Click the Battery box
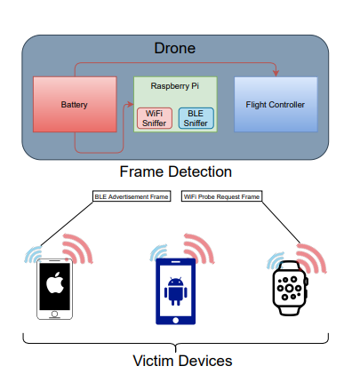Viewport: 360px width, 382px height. point(75,104)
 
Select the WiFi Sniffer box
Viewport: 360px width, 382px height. point(155,118)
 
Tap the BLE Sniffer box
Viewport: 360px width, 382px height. point(196,118)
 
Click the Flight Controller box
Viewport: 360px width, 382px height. point(276,104)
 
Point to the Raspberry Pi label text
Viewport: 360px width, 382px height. point(175,86)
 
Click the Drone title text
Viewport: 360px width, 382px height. point(175,48)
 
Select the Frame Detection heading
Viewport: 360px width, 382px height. point(176,171)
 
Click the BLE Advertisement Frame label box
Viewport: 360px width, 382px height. point(132,196)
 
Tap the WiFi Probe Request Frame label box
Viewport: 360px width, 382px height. point(221,196)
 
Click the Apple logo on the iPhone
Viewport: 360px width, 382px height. point(55,283)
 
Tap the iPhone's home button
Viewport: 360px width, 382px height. point(54,314)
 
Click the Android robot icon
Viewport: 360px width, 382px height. point(176,291)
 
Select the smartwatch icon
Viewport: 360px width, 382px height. point(290,288)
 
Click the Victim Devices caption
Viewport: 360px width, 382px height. point(182,361)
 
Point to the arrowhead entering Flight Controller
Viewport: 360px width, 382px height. point(276,73)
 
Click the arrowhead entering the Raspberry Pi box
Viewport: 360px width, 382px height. point(130,104)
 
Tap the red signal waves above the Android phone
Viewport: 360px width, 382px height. point(199,248)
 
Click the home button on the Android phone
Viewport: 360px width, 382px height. point(175,320)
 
